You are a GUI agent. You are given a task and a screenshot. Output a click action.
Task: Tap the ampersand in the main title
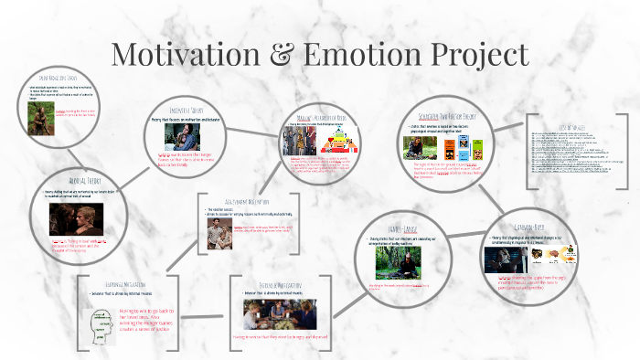297,54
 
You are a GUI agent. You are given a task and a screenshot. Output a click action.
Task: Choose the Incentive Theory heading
190,110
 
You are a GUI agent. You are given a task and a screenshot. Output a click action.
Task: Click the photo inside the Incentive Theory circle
183,137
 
